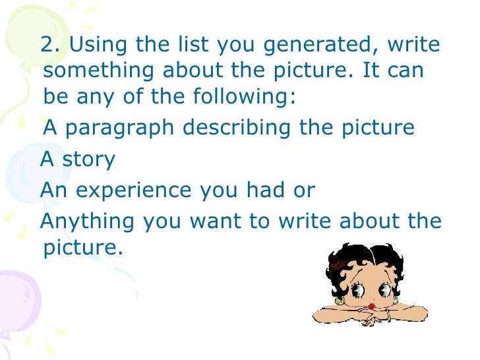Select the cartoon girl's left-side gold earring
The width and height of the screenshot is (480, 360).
tap(340, 301)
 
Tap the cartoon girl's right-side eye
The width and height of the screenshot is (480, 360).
tap(384, 289)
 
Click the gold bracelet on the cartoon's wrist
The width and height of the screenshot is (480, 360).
tap(388, 316)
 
